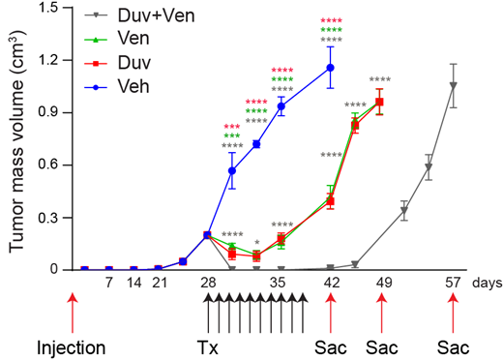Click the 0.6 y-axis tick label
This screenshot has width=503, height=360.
pos(44,165)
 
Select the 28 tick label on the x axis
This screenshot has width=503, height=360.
pos(207,284)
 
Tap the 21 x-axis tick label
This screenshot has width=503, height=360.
pos(159,284)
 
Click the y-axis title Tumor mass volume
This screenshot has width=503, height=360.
pos(17,141)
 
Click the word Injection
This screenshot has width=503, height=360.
pos(70,345)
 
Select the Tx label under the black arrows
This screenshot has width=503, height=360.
pos(207,345)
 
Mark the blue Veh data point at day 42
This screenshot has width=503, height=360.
pos(331,68)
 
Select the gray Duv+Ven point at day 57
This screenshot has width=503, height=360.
pos(453,85)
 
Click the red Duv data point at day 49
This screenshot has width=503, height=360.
pos(379,102)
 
